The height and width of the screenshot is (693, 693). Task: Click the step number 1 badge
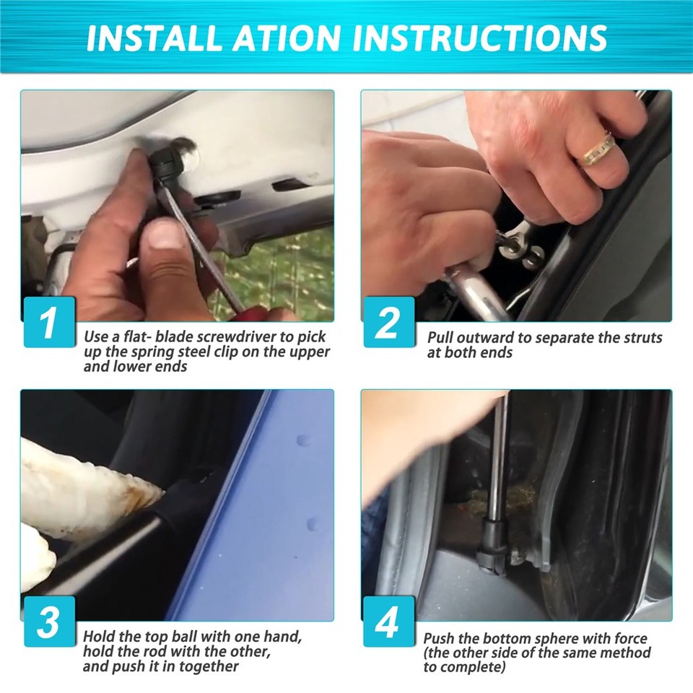(x=49, y=321)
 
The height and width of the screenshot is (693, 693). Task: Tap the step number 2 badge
(x=389, y=321)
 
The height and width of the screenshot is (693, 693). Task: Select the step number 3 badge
(x=49, y=621)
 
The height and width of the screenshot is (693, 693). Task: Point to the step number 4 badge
(x=389, y=621)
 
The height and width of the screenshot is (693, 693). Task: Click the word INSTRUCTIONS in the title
(x=479, y=38)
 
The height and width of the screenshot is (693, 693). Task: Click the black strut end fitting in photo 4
(x=491, y=544)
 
